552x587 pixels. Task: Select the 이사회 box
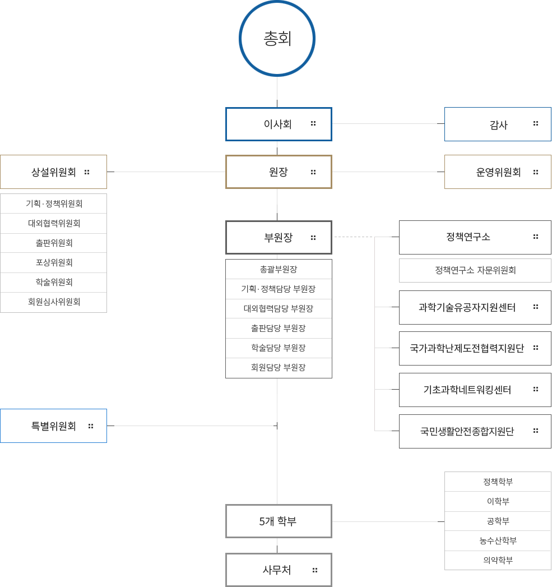coord(279,124)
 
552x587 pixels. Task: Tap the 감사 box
coord(498,124)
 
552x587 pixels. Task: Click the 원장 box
coord(279,172)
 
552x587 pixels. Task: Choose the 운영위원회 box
coord(498,172)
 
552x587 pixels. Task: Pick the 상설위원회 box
coord(53,172)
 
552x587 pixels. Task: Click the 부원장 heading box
coord(279,237)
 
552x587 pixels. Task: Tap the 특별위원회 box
coord(53,426)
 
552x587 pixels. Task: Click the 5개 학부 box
coord(279,521)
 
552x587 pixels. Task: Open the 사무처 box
coord(279,570)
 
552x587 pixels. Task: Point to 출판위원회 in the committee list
coord(54,243)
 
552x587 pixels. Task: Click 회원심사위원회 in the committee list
coord(54,302)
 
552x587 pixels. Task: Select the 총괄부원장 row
coord(279,269)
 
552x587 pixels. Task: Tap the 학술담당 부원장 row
coord(279,348)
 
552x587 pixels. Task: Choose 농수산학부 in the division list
coord(498,540)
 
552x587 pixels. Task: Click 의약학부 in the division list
coord(498,560)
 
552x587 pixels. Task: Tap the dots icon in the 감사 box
coord(536,123)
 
